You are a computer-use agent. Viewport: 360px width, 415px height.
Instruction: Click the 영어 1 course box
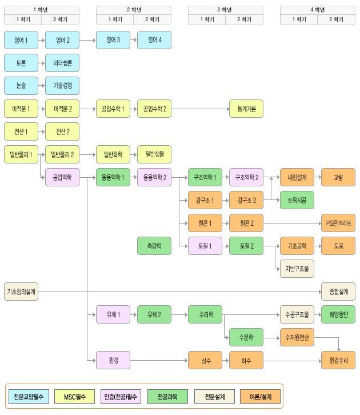21,40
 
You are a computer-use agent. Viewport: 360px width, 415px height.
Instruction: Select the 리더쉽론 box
62,63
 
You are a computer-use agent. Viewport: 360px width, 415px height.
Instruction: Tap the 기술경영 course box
62,86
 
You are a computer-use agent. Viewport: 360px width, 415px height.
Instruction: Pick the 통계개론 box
246,109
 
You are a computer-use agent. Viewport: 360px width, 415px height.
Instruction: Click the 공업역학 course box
62,177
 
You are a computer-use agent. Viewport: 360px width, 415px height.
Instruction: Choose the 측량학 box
154,246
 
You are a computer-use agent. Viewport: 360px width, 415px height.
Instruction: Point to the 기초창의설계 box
21,292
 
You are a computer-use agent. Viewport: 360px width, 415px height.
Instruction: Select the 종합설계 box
338,292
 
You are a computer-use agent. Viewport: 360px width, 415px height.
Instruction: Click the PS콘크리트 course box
338,223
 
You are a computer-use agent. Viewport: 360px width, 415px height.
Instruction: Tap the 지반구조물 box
297,269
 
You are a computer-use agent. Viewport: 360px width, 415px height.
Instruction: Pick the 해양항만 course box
338,314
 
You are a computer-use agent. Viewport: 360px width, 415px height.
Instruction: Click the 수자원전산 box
297,337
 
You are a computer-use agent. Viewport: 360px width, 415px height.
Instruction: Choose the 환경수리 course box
338,360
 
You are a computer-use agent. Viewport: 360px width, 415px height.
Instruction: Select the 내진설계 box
297,177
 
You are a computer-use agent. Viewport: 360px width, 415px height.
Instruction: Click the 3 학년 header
226,10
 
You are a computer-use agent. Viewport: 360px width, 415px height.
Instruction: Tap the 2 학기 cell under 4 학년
335,19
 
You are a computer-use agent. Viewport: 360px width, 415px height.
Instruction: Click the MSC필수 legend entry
74,396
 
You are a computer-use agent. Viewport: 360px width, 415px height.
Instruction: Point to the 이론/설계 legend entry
260,396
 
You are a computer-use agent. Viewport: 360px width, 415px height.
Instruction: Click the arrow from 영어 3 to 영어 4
133,40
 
